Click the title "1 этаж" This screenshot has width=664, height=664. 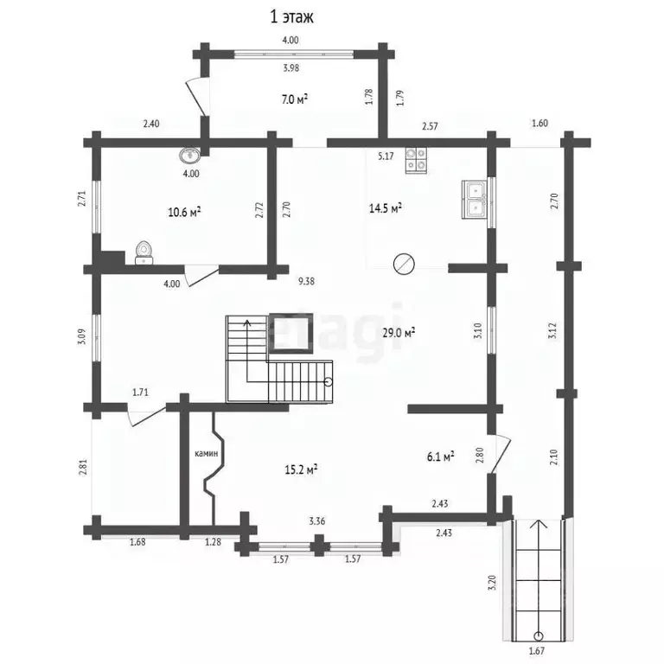tap(291, 17)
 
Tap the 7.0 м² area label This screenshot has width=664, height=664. tap(294, 99)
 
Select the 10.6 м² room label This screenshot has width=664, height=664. tap(184, 212)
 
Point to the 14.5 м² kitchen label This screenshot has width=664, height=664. tap(386, 207)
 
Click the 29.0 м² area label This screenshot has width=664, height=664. tap(399, 332)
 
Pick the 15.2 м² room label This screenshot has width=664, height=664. tap(301, 469)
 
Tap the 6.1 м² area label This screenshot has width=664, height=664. tap(440, 456)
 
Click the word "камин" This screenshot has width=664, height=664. tap(207, 454)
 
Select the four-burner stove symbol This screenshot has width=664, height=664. tap(416, 161)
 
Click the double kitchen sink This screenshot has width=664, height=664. tap(475, 200)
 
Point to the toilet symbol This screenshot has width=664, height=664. tap(144, 252)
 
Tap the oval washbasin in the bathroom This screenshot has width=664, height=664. tap(189, 156)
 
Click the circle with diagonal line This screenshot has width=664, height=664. tap(404, 264)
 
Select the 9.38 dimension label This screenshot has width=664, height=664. tap(306, 281)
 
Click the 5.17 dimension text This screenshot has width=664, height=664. tap(386, 156)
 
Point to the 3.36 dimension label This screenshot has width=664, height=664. tap(317, 520)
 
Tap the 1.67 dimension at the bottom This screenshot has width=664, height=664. tap(537, 650)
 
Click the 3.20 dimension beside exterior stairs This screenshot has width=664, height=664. tap(492, 582)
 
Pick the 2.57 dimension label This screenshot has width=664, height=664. tap(430, 126)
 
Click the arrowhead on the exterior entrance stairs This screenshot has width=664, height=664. tap(539, 524)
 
